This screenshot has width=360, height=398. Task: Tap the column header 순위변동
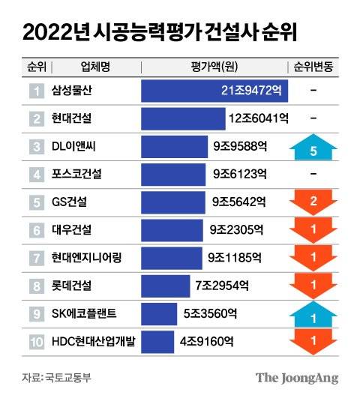(x=313, y=67)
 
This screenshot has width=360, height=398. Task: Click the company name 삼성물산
(x=73, y=91)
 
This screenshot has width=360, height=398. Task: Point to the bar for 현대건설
(x=183, y=118)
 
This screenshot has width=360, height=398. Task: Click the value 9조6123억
(x=239, y=175)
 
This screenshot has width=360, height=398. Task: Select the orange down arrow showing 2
(x=313, y=202)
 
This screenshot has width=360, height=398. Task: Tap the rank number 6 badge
(x=35, y=230)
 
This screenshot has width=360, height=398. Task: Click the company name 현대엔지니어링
(x=87, y=258)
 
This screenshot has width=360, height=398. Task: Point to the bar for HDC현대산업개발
(x=157, y=342)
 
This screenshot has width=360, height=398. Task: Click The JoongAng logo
(x=297, y=377)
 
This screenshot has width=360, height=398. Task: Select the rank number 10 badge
(x=35, y=342)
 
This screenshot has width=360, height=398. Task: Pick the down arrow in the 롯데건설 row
(x=313, y=286)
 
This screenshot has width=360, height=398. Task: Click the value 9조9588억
(x=239, y=147)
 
